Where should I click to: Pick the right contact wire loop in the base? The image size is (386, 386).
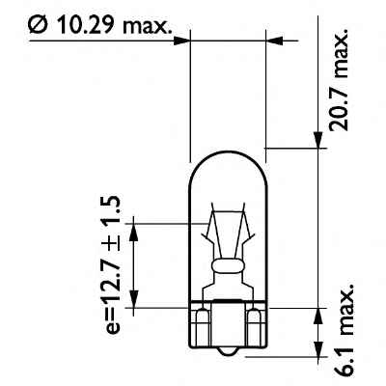pyautogui.click(x=254, y=318)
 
